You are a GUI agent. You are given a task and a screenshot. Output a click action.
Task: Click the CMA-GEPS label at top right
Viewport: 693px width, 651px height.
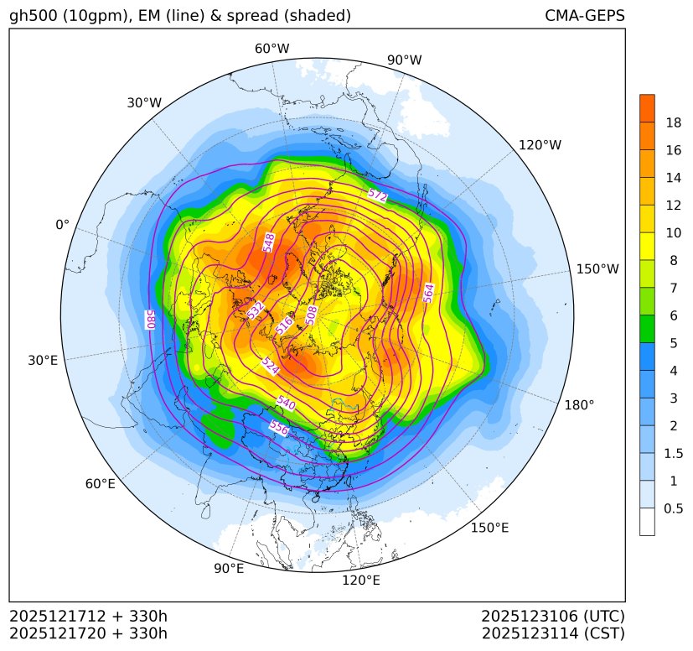pyautogui.click(x=584, y=16)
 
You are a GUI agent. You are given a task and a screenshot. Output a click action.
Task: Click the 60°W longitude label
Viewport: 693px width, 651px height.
pyautogui.click(x=272, y=49)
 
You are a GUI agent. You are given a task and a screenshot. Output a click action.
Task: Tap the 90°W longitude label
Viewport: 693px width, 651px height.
pyautogui.click(x=404, y=60)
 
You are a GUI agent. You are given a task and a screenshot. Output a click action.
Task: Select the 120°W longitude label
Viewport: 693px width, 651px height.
pyautogui.click(x=540, y=145)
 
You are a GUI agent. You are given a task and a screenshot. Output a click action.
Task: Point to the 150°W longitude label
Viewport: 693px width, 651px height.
pyautogui.click(x=597, y=269)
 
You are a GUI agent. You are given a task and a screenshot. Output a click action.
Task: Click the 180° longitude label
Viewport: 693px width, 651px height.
pyautogui.click(x=579, y=404)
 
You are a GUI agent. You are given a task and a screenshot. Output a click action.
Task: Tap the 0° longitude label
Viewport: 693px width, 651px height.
pyautogui.click(x=62, y=225)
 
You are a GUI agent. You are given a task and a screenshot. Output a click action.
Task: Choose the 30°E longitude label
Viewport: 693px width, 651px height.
pyautogui.click(x=43, y=361)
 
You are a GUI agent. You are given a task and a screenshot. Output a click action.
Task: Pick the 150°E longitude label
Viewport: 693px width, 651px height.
pyautogui.click(x=489, y=528)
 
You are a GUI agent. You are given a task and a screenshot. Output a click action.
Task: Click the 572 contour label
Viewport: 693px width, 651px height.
pyautogui.click(x=377, y=195)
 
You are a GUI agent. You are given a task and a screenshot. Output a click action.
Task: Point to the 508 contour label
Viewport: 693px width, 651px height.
pyautogui.click(x=312, y=314)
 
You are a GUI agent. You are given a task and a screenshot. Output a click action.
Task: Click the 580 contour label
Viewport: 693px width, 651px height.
pyautogui.click(x=152, y=320)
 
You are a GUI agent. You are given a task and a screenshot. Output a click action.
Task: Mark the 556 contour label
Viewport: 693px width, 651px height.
pyautogui.click(x=278, y=427)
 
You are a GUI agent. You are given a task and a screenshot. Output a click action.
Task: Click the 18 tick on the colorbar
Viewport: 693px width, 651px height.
pyautogui.click(x=673, y=122)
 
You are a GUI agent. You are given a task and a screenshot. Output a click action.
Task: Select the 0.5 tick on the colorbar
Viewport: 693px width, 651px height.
pyautogui.click(x=673, y=508)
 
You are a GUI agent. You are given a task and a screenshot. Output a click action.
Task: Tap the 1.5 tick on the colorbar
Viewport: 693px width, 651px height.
pyautogui.click(x=673, y=453)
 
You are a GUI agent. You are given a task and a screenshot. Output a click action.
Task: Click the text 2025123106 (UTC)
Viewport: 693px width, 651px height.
pyautogui.click(x=553, y=617)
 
